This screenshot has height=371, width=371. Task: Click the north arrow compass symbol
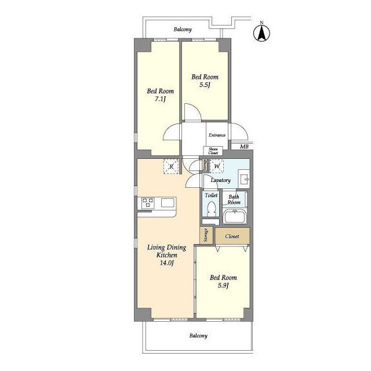click(x=261, y=33)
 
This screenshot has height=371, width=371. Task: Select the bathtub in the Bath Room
click(x=234, y=216)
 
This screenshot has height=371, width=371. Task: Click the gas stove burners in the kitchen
click(x=148, y=203)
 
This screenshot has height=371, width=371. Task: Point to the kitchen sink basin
click(x=168, y=203)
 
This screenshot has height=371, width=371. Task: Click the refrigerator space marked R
click(x=171, y=166)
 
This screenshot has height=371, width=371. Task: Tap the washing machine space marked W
click(x=217, y=166)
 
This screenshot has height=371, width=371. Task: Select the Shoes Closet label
click(x=213, y=151)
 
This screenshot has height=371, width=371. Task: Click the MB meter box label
click(x=244, y=147)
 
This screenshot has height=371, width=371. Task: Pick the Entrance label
click(x=217, y=135)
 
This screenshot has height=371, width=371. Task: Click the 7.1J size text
click(x=160, y=99)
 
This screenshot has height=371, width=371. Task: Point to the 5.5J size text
click(x=205, y=85)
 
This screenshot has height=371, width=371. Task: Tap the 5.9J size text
click(x=223, y=286)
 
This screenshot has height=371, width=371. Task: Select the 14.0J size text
click(x=167, y=263)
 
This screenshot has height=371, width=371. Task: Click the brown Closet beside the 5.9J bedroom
click(x=232, y=235)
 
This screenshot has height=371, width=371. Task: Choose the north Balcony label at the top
click(x=183, y=30)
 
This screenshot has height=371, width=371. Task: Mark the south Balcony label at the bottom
click(x=198, y=336)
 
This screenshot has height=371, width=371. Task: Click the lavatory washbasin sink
click(x=243, y=179)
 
